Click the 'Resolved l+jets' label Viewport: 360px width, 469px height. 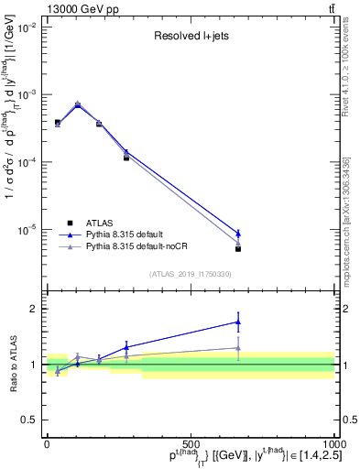[x=190, y=37]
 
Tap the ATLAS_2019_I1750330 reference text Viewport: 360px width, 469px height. [x=190, y=273]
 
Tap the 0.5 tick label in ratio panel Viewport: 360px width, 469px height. [x=30, y=420]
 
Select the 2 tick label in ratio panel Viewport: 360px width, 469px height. [x=35, y=309]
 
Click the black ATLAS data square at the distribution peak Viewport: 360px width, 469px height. [x=78, y=105]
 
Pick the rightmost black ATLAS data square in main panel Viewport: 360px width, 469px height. [x=238, y=248]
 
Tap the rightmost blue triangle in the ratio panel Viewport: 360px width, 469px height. [x=238, y=322]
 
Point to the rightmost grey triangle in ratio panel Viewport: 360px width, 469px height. [x=238, y=348]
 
